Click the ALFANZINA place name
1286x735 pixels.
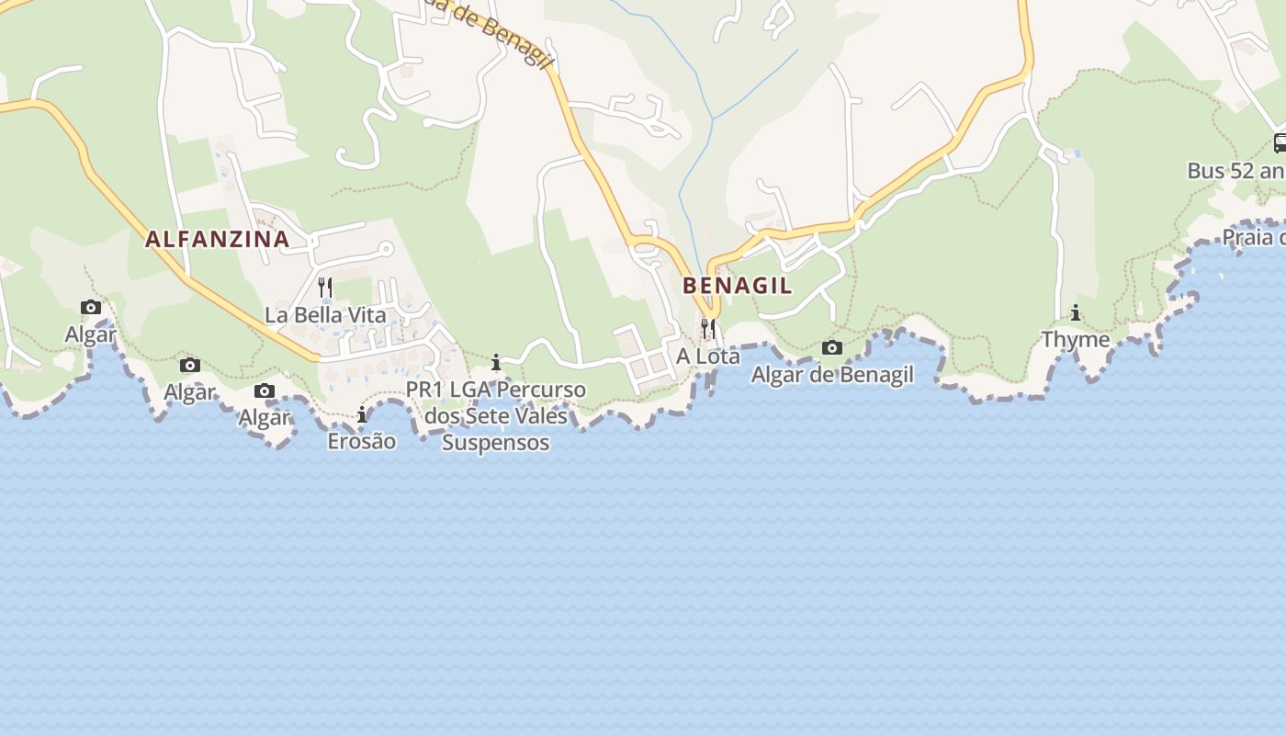pyautogui.click(x=218, y=240)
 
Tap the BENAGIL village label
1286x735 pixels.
pyautogui.click(x=738, y=286)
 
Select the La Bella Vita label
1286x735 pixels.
pyautogui.click(x=326, y=315)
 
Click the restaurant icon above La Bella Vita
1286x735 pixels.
pyautogui.click(x=325, y=287)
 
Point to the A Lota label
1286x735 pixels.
pyautogui.click(x=708, y=356)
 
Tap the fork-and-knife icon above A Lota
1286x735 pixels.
pyautogui.click(x=708, y=328)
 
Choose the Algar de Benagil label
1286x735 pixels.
pyautogui.click(x=832, y=374)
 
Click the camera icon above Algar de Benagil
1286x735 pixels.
pyautogui.click(x=832, y=347)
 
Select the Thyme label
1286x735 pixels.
pyautogui.click(x=1076, y=339)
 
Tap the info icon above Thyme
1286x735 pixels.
pyautogui.click(x=1076, y=312)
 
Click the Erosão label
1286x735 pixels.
pyautogui.click(x=362, y=441)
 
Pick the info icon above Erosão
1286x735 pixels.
pyautogui.click(x=362, y=414)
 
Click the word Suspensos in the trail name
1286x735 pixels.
pyautogui.click(x=496, y=442)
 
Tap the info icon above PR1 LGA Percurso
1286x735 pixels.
pyautogui.click(x=496, y=363)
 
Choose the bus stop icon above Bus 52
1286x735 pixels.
pyautogui.click(x=1280, y=143)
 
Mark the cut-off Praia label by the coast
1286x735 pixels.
pyautogui.click(x=1253, y=238)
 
